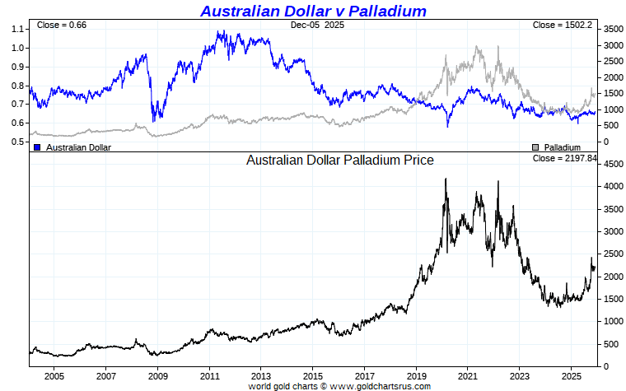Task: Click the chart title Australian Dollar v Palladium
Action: point(313,11)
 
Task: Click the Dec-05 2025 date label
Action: point(318,25)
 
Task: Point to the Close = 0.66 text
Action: point(61,25)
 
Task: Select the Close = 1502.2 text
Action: point(563,25)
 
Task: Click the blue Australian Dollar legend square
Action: point(37,147)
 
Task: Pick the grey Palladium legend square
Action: point(535,147)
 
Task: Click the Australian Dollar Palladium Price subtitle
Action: point(339,160)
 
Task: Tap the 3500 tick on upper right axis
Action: point(611,29)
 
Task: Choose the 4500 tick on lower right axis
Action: point(611,165)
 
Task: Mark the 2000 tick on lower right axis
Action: point(611,277)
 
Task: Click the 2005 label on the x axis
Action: point(54,376)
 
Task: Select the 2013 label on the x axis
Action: point(260,376)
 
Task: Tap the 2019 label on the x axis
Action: point(416,376)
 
